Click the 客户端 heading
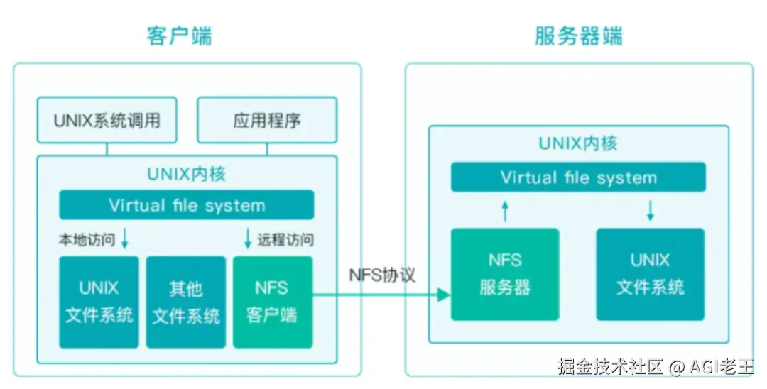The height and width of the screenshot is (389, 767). (179, 35)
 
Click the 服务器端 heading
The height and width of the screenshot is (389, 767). (578, 35)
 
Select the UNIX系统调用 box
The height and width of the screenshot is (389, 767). (107, 120)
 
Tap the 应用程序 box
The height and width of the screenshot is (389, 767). (267, 120)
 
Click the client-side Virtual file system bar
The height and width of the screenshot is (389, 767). (187, 206)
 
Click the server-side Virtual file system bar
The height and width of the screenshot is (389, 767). (578, 177)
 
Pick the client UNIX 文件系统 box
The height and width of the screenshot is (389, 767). (99, 302)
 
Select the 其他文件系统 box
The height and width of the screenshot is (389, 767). (186, 302)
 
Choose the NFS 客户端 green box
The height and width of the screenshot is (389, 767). (272, 302)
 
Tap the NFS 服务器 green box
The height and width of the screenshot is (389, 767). (505, 274)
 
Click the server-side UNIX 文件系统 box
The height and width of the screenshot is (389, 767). (650, 274)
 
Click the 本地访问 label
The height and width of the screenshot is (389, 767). (86, 240)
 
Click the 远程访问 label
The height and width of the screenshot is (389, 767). (285, 240)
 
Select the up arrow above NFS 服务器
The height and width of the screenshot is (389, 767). (505, 210)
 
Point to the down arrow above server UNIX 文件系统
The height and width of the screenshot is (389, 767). (650, 210)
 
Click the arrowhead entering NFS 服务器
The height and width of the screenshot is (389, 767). (445, 294)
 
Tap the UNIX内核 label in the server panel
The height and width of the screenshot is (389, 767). (578, 143)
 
